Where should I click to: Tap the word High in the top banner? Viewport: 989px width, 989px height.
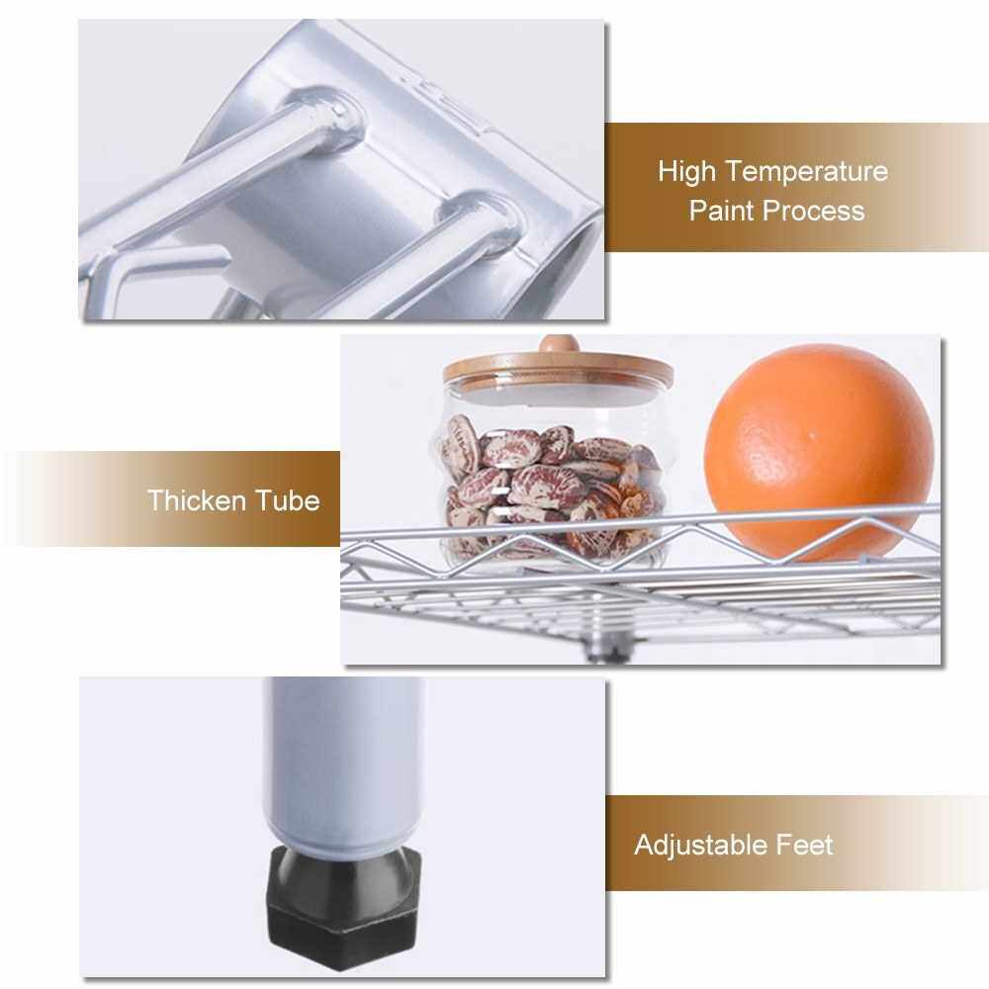(x=687, y=171)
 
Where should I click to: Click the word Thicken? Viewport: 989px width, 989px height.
(x=196, y=500)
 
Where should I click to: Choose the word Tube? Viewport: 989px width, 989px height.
(x=288, y=500)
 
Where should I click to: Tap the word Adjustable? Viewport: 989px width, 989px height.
(x=700, y=846)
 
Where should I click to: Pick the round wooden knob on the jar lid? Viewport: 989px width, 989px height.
(x=559, y=344)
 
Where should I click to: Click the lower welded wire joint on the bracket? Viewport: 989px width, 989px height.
(x=483, y=222)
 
